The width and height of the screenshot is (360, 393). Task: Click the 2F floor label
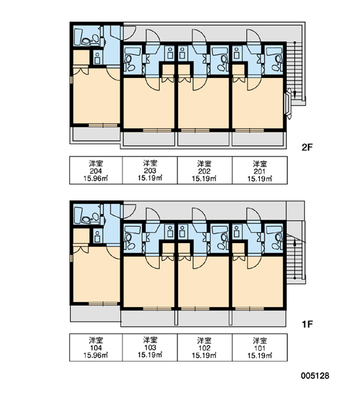(307, 147)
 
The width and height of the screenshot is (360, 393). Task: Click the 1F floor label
(307, 324)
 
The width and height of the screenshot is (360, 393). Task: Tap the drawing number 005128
(315, 375)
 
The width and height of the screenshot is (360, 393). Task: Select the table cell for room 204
(96, 170)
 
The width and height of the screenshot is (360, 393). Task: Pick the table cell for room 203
(150, 170)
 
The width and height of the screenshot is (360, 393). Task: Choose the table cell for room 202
(205, 170)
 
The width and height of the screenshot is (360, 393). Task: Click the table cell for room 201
(260, 170)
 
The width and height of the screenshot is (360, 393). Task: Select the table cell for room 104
(96, 347)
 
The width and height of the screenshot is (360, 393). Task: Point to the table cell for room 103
(150, 347)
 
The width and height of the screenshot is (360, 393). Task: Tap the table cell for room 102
(205, 347)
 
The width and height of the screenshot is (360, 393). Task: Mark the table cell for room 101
(260, 347)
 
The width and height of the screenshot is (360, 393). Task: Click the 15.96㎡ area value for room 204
(96, 179)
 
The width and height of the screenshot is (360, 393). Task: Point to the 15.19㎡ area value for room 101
(260, 356)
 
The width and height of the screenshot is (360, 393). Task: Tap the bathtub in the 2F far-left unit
(78, 37)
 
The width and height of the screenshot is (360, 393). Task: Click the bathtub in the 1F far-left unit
(78, 215)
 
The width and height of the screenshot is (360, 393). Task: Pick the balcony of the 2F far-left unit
(96, 134)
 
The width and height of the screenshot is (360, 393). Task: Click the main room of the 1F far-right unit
(257, 281)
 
